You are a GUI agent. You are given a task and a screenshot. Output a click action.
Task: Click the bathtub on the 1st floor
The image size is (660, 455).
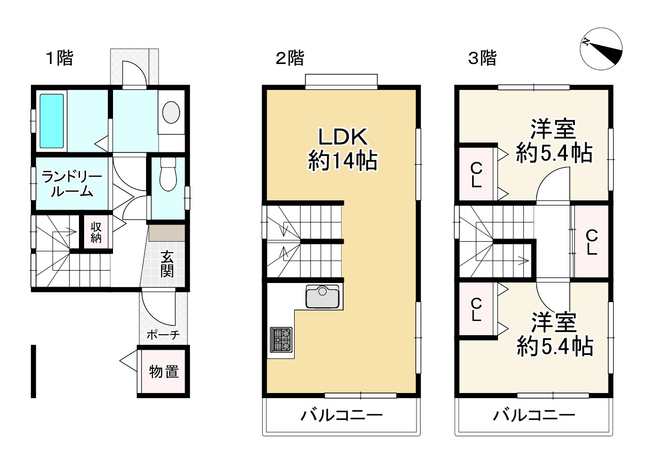tap(52, 121)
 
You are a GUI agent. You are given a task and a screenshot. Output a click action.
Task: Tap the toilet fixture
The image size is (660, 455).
tap(168, 175)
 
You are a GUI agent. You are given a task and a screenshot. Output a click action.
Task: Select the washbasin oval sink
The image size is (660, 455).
tap(171, 111)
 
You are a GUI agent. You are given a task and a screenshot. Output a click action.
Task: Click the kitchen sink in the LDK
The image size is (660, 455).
tap(323, 297)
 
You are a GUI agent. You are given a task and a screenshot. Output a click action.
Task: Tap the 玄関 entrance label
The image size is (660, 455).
tap(166, 264)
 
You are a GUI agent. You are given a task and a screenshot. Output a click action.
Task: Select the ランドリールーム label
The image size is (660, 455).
tap(72, 184)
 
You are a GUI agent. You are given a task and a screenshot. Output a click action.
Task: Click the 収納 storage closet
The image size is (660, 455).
tap(96, 232)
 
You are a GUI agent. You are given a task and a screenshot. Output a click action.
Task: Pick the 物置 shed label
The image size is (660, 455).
tap(164, 371)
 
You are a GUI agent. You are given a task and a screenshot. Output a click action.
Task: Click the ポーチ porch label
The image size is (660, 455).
tap(163, 335)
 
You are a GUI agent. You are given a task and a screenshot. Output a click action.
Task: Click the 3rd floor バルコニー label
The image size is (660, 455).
tap(534, 415)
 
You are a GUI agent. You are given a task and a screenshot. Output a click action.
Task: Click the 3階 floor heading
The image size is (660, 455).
tap(481, 58)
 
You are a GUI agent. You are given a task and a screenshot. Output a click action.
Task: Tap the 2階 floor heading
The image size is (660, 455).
tap(289, 58)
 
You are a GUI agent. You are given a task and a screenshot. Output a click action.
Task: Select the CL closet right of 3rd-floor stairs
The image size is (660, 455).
tap(591, 242)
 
